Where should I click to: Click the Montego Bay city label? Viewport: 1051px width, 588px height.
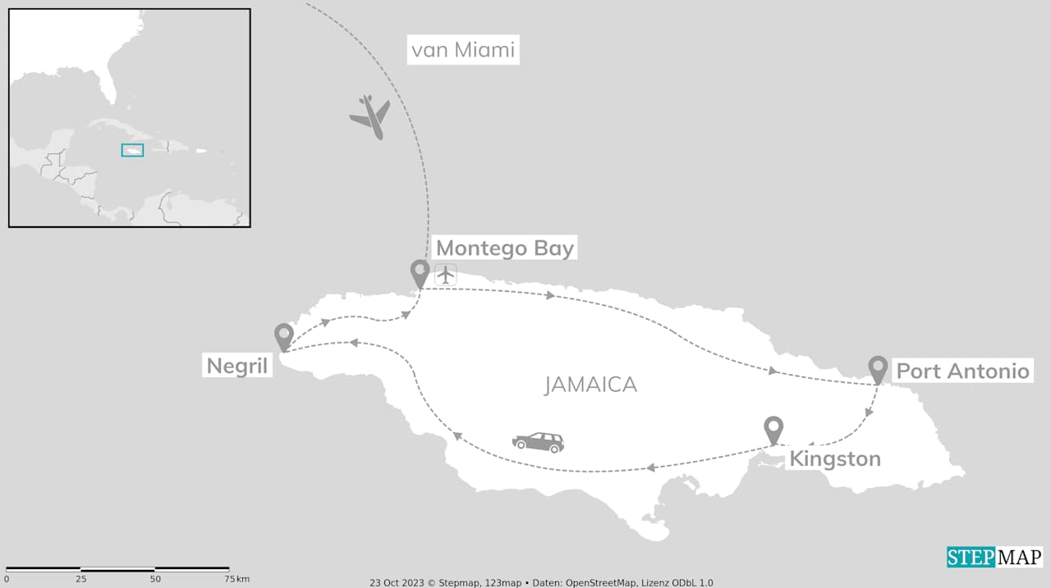(504, 248)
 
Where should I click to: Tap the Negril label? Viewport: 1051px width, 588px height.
(237, 366)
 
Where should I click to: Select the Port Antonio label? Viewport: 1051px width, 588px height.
(962, 371)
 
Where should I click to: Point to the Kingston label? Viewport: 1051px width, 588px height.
(834, 458)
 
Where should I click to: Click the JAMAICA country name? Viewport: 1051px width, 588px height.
(590, 385)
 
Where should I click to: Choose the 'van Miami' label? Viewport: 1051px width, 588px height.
(463, 50)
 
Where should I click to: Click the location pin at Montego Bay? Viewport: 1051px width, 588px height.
(420, 273)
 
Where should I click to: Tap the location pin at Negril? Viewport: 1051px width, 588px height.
(284, 336)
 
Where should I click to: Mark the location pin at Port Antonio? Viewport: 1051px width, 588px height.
(878, 369)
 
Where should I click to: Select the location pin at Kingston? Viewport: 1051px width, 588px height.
(773, 429)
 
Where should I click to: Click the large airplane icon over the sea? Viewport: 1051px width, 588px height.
(370, 116)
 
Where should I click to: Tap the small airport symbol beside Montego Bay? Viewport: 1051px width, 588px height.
(446, 275)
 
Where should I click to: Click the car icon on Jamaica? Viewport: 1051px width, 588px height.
(538, 442)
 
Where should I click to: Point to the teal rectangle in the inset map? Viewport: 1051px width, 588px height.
(132, 150)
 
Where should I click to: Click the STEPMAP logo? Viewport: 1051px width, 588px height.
(994, 557)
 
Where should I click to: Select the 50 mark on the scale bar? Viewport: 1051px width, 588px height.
(155, 579)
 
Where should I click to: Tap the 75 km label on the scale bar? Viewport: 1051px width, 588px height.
(236, 579)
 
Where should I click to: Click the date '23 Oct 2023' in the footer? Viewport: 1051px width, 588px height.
(393, 582)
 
